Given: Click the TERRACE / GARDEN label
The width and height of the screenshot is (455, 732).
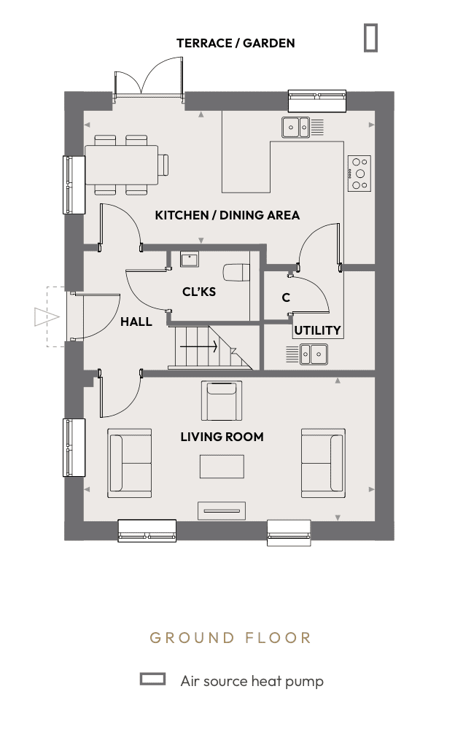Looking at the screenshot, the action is pos(236,43).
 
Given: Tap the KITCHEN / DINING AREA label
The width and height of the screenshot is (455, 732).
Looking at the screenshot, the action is pos(227,215).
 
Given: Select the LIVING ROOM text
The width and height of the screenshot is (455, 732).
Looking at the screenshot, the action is pos(222,437).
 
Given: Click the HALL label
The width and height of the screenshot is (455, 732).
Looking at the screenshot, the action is pos(136,322).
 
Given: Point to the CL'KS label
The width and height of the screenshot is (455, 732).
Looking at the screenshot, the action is pos(199,292).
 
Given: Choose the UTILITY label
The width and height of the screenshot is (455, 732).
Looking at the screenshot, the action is pos(317,330).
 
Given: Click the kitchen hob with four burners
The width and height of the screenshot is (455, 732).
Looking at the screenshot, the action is pos(359,174).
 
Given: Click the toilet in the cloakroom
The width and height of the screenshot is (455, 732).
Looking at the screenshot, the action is pos(236,272).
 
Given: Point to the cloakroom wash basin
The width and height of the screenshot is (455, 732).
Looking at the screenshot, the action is pos(190,259).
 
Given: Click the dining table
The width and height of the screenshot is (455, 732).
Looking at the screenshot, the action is pos(122,165).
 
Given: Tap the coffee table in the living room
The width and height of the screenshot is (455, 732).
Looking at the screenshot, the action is pos(222,467).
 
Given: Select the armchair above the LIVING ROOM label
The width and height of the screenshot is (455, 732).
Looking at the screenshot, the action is pos(222,401).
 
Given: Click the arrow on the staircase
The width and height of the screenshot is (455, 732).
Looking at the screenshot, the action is pos(199,347).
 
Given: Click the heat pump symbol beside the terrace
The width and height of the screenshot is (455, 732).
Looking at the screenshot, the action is pos(370,38).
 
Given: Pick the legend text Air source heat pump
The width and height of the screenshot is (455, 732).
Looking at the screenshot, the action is pos(252,681).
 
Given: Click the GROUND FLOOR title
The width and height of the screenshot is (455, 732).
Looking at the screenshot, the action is pos(230,638).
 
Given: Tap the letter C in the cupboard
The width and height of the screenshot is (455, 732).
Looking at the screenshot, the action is pos(286,297).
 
